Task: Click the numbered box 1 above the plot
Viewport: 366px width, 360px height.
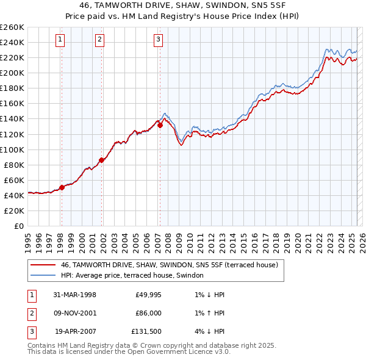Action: (x=61, y=40)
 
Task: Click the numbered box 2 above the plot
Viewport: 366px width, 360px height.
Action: (x=99, y=40)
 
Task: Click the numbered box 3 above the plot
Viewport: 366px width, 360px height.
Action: (x=158, y=40)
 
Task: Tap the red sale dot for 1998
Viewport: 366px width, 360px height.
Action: (x=62, y=187)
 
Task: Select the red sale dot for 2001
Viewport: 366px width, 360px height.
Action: (x=101, y=160)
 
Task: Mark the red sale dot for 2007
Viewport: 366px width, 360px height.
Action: (x=160, y=125)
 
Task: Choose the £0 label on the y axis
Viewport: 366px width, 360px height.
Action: (x=18, y=226)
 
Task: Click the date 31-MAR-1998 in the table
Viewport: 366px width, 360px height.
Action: (x=75, y=295)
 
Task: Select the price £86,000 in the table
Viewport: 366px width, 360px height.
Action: (x=148, y=312)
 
